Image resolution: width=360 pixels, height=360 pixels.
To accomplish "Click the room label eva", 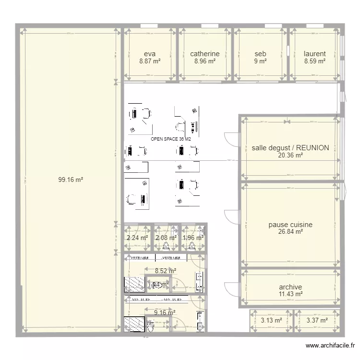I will click(x=149, y=54).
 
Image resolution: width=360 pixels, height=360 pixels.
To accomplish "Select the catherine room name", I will click(x=204, y=54).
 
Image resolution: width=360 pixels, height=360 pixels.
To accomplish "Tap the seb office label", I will click(x=260, y=54).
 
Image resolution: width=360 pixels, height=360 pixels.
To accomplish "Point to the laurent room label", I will click(x=315, y=54).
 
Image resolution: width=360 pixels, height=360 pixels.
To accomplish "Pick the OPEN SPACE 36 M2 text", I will click(x=171, y=139).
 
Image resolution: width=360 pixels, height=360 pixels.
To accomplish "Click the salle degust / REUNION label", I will click(x=290, y=148).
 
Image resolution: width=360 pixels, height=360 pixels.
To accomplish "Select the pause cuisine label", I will click(x=290, y=225).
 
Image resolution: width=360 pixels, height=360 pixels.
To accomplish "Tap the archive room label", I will click(x=290, y=287).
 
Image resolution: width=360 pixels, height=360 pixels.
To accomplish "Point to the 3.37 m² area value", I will click(x=317, y=321).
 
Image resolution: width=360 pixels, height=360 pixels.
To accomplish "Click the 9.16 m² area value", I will click(x=165, y=312).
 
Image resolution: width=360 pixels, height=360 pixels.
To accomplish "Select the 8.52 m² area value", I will click(x=165, y=271).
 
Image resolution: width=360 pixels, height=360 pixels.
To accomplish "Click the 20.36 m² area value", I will click(x=290, y=156).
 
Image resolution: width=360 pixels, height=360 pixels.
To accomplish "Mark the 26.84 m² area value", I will click(x=290, y=232).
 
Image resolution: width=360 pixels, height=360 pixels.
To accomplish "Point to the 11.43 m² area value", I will click(x=290, y=294).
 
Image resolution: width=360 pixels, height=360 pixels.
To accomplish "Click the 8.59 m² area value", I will click(x=315, y=61).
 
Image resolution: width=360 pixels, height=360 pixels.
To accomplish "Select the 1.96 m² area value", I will click(x=193, y=237).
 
